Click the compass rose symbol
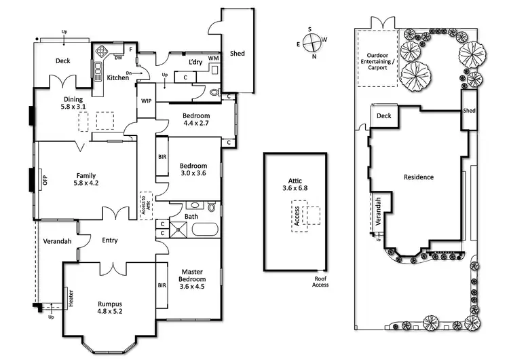point(312,42)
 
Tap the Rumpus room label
point(110,308)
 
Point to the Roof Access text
point(320,282)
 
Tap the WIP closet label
point(147,101)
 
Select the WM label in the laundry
point(213,58)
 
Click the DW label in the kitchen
point(118,57)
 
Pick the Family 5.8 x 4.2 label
point(86,179)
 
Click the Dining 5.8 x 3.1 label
point(73,103)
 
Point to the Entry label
point(110,240)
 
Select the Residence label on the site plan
point(418,177)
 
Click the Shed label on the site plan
point(469,111)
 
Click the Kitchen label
point(118,77)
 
